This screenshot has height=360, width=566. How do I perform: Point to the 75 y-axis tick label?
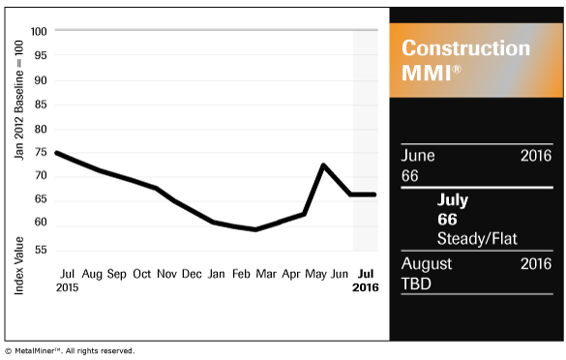(x=41, y=152)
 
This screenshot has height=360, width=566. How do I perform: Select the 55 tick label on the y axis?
(x=41, y=250)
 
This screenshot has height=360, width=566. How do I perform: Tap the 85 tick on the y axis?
(x=41, y=104)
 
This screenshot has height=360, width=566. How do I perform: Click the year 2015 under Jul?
(x=68, y=288)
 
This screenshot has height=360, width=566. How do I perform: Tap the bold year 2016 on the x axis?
(x=365, y=288)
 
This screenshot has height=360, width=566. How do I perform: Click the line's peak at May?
(x=323, y=165)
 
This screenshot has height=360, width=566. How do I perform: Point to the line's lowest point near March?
(x=255, y=229)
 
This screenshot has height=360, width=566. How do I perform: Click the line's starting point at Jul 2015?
(x=56, y=152)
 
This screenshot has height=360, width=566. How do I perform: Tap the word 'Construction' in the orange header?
(x=465, y=48)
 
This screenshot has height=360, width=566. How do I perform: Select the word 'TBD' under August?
(x=416, y=284)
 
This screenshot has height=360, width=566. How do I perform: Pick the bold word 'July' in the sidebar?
(x=453, y=200)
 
